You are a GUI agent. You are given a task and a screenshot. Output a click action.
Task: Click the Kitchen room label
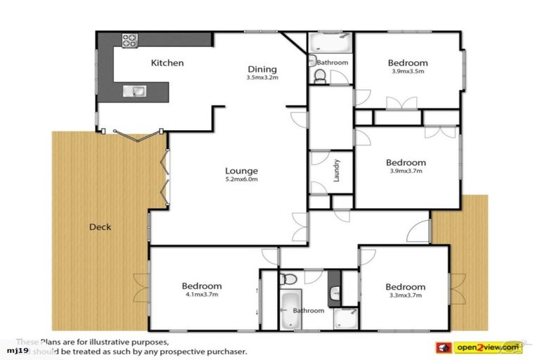pyautogui.click(x=167, y=63)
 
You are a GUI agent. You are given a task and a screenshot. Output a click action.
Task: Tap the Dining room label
pyautogui.click(x=262, y=69)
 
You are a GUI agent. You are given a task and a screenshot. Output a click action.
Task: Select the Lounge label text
pyautogui.click(x=241, y=171)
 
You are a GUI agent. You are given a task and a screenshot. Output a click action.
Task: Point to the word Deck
pyautogui.click(x=100, y=227)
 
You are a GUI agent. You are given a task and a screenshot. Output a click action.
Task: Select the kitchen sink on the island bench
pyautogui.click(x=134, y=90)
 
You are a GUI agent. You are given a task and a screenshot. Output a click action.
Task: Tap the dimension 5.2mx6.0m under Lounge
pyautogui.click(x=241, y=179)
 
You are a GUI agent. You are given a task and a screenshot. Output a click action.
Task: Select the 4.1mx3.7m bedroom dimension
pyautogui.click(x=202, y=295)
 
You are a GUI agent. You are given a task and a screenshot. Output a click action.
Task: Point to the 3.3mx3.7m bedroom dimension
pyautogui.click(x=405, y=295)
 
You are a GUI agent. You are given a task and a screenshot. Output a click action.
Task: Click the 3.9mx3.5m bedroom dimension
pyautogui.click(x=408, y=71)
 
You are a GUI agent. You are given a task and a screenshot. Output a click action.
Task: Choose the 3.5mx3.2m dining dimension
pyautogui.click(x=262, y=77)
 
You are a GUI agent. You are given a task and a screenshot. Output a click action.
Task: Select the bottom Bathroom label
pyautogui.click(x=309, y=311)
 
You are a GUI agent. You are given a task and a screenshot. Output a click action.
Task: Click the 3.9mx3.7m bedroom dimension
pyautogui.click(x=407, y=171)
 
